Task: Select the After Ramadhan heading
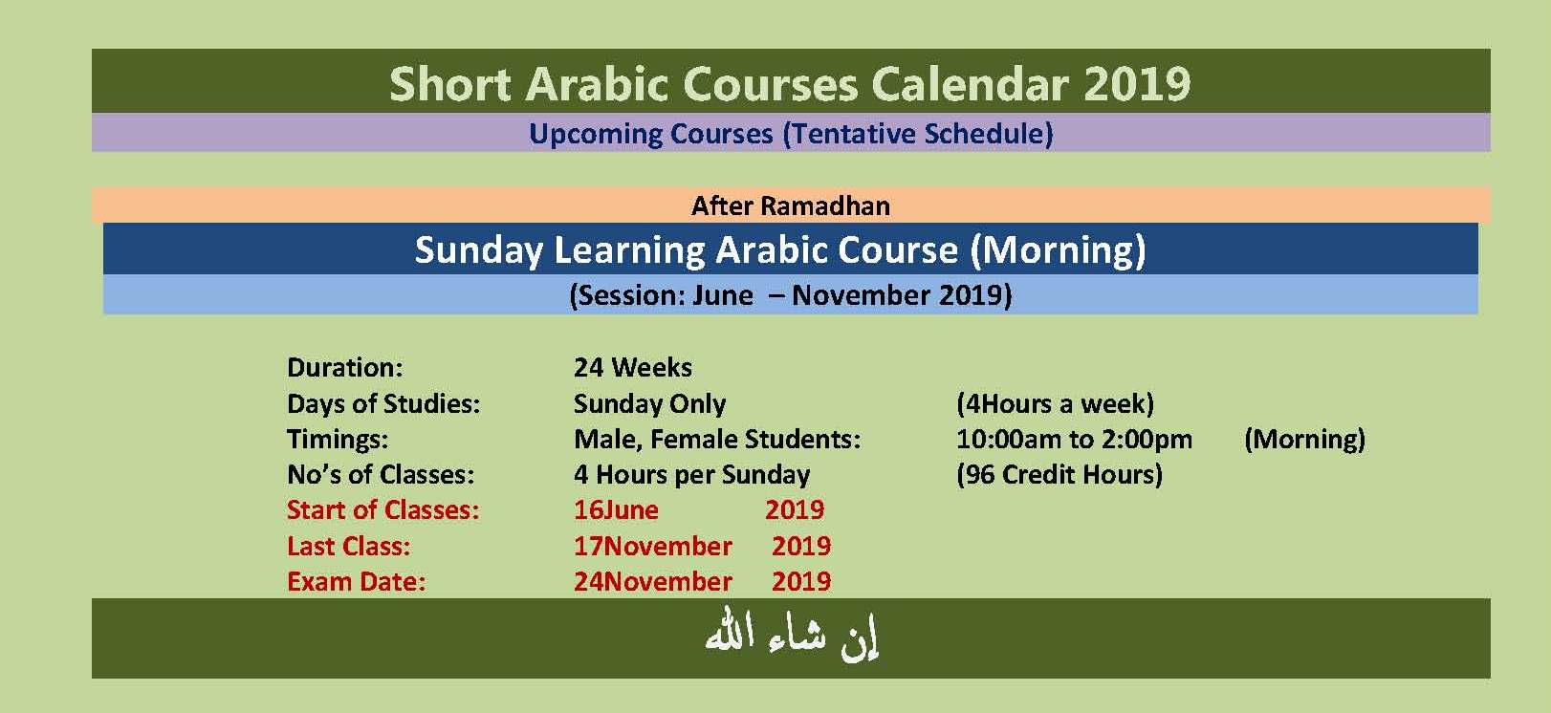click(x=791, y=205)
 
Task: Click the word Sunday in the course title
click(x=479, y=250)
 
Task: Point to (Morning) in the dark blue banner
click(x=1058, y=250)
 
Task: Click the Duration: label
click(x=345, y=368)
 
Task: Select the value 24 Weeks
click(x=633, y=368)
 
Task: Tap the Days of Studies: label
click(x=383, y=403)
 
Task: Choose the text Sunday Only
click(x=650, y=403)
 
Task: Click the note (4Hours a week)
click(x=1056, y=403)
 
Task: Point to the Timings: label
click(x=338, y=440)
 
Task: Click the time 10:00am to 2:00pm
click(x=1075, y=440)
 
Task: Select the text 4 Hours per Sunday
click(x=691, y=475)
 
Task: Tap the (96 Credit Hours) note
click(x=1059, y=475)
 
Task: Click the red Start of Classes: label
click(x=382, y=510)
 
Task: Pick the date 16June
click(x=616, y=510)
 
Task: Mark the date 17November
click(x=653, y=546)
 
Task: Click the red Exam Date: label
click(x=357, y=582)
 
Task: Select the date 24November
click(x=653, y=582)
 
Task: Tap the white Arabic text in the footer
click(x=792, y=636)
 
